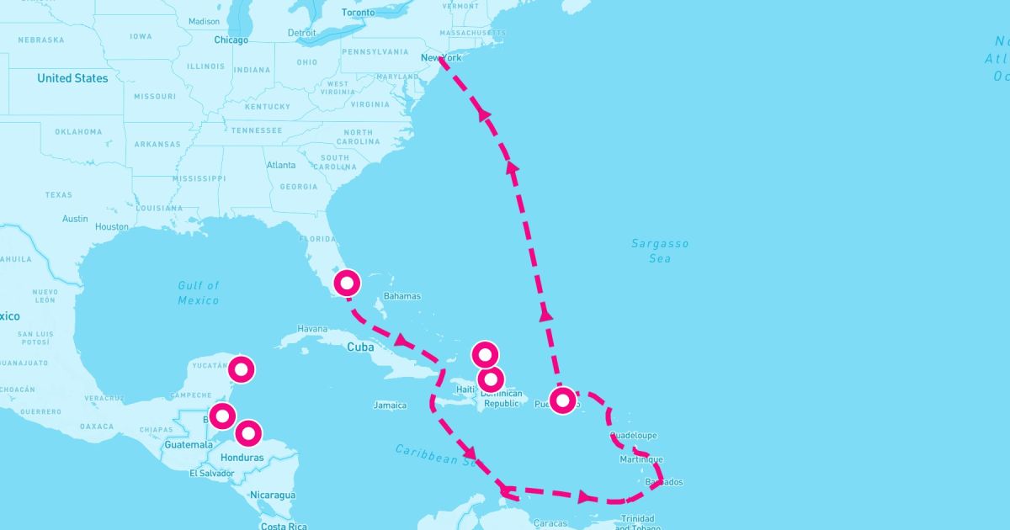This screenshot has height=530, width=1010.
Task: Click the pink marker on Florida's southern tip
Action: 347,283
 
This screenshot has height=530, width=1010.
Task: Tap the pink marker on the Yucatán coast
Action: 242,368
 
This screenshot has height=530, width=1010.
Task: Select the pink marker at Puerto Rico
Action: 563,399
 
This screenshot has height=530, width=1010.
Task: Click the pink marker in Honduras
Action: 247,433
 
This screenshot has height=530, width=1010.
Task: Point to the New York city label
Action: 441,58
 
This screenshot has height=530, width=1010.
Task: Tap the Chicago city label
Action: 231,40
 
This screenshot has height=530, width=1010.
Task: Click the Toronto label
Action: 359,13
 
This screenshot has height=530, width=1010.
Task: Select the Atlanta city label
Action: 281,165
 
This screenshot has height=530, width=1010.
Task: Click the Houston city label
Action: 112,227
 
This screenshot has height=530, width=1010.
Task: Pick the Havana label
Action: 311,329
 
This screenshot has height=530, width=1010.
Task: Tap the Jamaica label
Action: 391,405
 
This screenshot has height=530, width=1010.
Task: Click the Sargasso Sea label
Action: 660,251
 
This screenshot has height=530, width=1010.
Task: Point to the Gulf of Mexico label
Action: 199,293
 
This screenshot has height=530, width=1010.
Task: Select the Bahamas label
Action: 401,296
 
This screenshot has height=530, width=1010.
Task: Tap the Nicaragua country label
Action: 272,496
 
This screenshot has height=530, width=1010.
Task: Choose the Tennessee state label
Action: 257,130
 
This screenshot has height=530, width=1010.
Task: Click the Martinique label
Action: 641,459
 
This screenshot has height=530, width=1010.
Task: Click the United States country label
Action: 72,78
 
